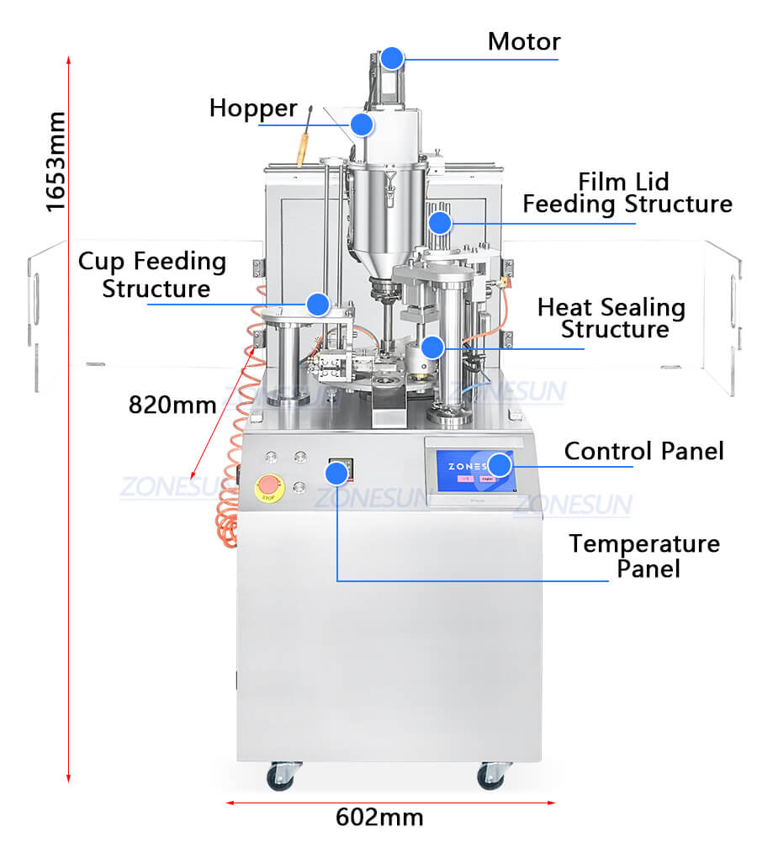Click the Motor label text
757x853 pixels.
click(x=524, y=41)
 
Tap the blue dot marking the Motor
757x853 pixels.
click(x=391, y=58)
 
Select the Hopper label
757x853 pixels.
click(x=253, y=109)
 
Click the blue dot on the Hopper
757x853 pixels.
click(x=362, y=125)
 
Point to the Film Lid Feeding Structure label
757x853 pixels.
click(x=627, y=193)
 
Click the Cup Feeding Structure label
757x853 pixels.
click(x=153, y=274)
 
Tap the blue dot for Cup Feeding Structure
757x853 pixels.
click(x=317, y=304)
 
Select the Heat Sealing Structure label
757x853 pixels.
click(x=611, y=318)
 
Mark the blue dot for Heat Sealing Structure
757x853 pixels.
click(x=432, y=347)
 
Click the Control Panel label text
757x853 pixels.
click(x=643, y=451)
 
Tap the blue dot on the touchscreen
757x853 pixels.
click(x=500, y=464)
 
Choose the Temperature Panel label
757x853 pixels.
click(x=644, y=555)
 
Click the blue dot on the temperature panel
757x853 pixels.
click(x=336, y=474)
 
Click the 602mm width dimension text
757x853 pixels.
click(x=379, y=817)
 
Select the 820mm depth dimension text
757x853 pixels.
click(x=172, y=404)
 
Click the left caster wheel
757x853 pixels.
click(x=279, y=776)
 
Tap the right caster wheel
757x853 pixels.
click(x=491, y=776)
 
